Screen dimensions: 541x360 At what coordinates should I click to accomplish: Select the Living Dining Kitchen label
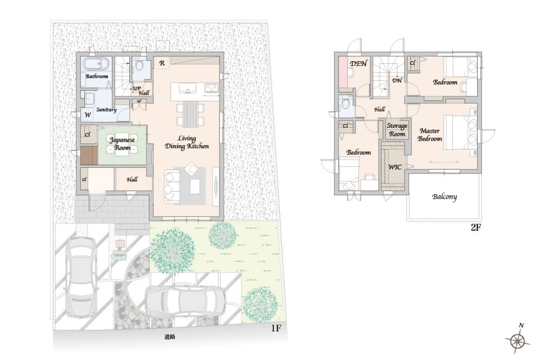(187, 142)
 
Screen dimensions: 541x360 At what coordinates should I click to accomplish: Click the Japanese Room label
(122, 143)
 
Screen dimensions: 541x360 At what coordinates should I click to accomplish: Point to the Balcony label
(444, 197)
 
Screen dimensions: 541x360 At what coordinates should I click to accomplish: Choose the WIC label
(395, 167)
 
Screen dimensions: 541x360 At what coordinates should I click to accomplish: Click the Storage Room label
(397, 130)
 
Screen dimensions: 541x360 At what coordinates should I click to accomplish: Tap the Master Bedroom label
(430, 135)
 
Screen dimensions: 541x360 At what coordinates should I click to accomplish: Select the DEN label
(359, 63)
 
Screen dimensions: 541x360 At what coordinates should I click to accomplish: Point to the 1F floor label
(276, 328)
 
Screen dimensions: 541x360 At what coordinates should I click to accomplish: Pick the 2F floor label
(476, 227)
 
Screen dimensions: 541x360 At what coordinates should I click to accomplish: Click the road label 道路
(169, 337)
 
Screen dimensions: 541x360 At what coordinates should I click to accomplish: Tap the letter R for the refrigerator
(162, 63)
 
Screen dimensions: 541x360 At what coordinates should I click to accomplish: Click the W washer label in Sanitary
(88, 115)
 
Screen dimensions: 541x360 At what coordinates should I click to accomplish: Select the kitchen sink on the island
(187, 90)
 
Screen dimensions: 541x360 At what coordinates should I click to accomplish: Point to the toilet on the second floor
(345, 103)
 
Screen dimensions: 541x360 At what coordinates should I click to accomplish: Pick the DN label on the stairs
(397, 81)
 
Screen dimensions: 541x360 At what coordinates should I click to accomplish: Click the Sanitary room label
(106, 110)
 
